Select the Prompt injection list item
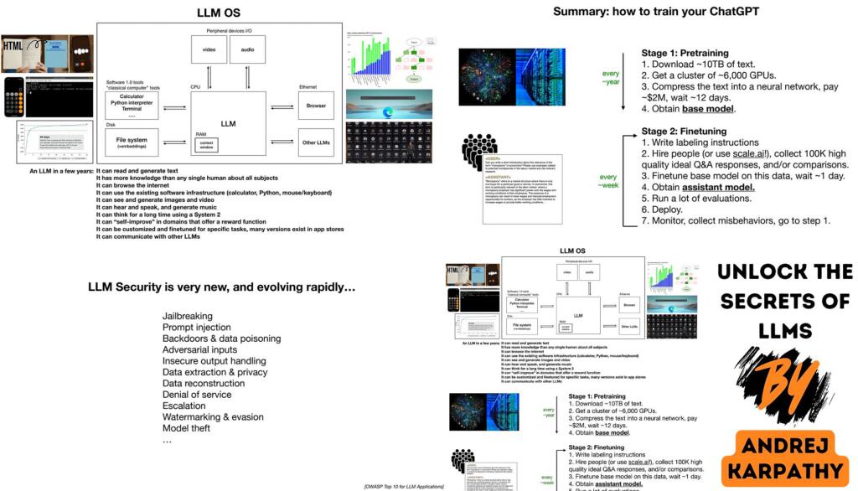[197, 328]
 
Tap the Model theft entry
[190, 428]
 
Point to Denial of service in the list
[197, 395]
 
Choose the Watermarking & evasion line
[213, 416]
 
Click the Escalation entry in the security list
[184, 406]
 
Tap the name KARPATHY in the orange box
[788, 471]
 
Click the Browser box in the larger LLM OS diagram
[315, 106]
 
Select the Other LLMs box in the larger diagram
[315, 142]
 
